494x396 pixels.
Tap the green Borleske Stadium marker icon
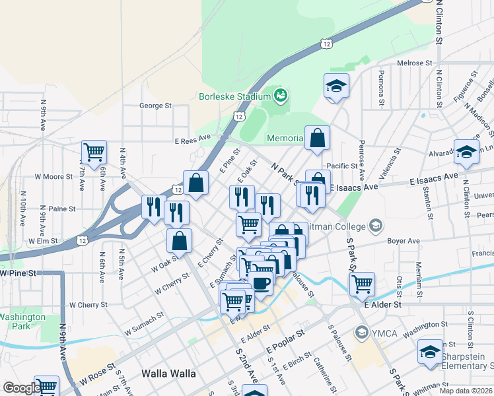tap(280, 96)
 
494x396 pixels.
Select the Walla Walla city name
tap(168, 374)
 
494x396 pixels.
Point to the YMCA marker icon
tap(361, 332)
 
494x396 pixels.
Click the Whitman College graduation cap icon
tap(376, 226)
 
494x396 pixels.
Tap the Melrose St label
tap(414, 63)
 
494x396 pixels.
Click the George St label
tap(155, 105)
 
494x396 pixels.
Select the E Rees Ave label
tap(192, 139)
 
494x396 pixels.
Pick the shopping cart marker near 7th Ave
tap(94, 151)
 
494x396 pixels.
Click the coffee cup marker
tap(261, 283)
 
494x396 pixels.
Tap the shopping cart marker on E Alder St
tap(362, 283)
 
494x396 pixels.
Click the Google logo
tap(21, 388)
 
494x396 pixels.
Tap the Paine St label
tap(63, 209)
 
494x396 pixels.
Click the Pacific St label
tap(341, 166)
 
